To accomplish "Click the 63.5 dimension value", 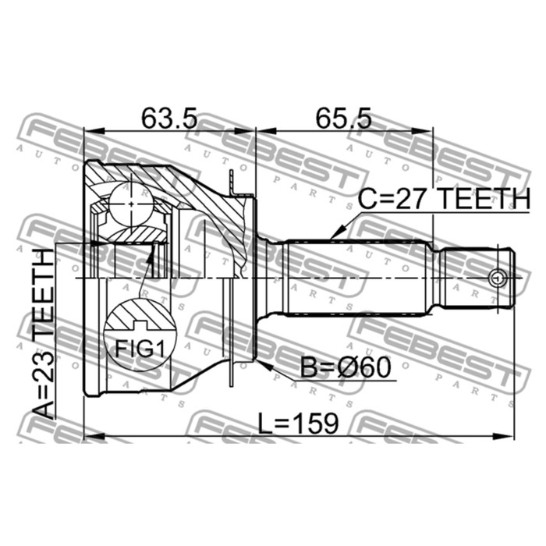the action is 169,118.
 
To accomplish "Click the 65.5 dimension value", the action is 344,118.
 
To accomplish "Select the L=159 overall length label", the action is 298,424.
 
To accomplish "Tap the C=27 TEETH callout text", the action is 445,199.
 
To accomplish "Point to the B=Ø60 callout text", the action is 346,368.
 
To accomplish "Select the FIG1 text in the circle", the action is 140,349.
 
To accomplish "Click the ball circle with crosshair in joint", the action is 131,204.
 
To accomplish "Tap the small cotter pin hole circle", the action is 497,278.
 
